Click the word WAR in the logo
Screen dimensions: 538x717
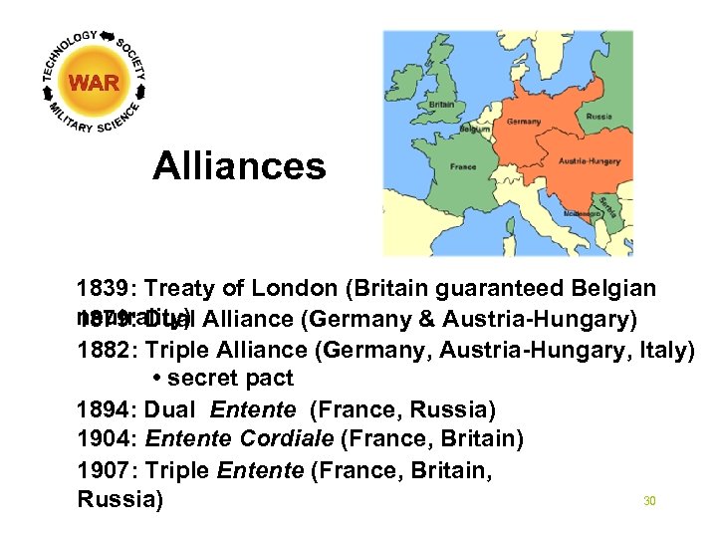(x=95, y=84)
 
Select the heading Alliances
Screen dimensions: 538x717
(x=239, y=166)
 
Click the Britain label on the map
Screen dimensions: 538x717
(x=441, y=105)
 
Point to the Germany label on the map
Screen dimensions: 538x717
(x=524, y=122)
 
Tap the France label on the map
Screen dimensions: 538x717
(x=463, y=166)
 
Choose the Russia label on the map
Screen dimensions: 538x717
(x=598, y=116)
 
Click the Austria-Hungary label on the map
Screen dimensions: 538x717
(x=589, y=160)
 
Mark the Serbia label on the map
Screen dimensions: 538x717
(x=608, y=209)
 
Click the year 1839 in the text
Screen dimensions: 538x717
(x=106, y=289)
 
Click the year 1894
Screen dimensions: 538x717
(x=106, y=408)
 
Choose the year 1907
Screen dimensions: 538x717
(x=106, y=468)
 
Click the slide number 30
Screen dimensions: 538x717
(x=649, y=501)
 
